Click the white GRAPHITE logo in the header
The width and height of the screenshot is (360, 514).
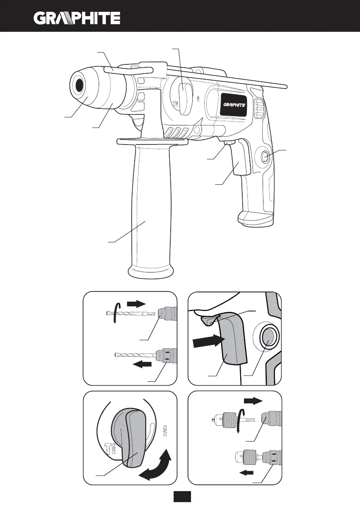point(77,18)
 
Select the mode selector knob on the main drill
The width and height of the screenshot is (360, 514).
point(183,99)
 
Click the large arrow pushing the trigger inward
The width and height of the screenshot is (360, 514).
point(208,341)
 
